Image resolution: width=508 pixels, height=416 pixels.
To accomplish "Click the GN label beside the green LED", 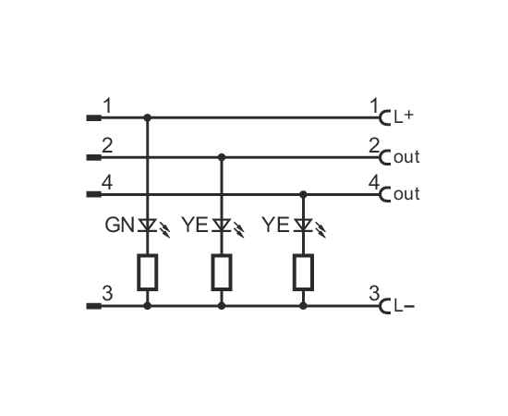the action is pos(119,225).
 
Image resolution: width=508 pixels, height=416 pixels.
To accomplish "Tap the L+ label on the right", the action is pos(404,116).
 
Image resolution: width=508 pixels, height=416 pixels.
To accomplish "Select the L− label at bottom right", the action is pos(404,306).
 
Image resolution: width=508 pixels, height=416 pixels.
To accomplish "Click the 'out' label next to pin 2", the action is pos(406,157).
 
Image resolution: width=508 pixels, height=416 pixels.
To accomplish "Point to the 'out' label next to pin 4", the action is pos(406,194).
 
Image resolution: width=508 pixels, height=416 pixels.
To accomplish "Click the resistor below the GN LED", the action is pos(148,272).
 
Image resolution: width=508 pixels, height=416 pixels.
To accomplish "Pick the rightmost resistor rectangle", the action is pos(303,272).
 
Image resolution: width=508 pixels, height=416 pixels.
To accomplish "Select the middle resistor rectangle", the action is pos(222,272).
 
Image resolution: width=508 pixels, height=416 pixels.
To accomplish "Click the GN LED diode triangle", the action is pos(148,225).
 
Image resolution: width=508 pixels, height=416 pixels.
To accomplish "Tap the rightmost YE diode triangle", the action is pos(303,225).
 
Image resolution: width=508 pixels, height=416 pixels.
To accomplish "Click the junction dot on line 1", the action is pos(148,117).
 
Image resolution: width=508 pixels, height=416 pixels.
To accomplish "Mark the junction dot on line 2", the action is pos(222,157).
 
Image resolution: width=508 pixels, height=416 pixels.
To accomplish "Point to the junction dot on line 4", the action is pos(303,194).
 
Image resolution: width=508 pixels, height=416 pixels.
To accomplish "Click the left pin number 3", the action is pos(107,293).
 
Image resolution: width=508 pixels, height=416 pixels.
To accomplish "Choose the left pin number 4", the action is pos(107,183).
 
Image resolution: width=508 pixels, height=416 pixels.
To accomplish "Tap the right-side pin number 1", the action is pos(374,106).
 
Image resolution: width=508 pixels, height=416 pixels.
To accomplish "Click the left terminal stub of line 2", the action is pos(94,157).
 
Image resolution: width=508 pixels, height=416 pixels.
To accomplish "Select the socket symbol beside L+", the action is pos(383,117).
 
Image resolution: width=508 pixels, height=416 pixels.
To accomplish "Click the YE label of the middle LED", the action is pos(195,225).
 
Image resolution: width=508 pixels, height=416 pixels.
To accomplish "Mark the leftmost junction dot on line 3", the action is pos(148,305).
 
